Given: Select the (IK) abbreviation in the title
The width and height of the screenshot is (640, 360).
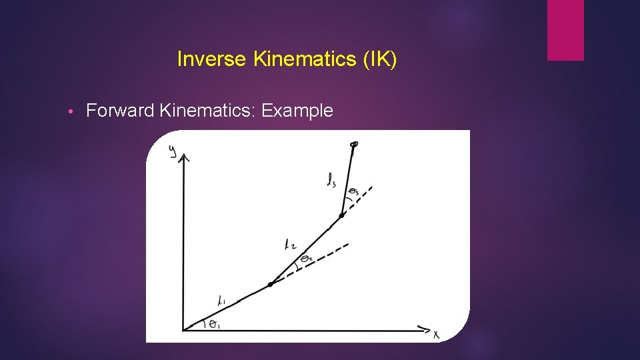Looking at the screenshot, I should pyautogui.click(x=380, y=60).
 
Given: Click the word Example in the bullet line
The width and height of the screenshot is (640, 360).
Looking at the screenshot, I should pyautogui.click(x=297, y=111).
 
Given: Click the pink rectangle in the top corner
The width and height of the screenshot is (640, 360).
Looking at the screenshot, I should pyautogui.click(x=565, y=30).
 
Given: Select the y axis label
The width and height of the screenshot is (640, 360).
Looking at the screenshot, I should pyautogui.click(x=173, y=152).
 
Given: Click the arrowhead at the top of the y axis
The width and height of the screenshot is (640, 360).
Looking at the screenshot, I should pyautogui.click(x=185, y=157).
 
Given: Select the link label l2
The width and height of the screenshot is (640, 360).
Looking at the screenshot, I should pyautogui.click(x=289, y=245).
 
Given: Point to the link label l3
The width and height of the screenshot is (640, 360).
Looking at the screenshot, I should pyautogui.click(x=331, y=180).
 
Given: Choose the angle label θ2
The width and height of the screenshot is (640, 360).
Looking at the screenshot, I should pyautogui.click(x=306, y=258).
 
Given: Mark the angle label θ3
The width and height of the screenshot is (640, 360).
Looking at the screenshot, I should pyautogui.click(x=353, y=193).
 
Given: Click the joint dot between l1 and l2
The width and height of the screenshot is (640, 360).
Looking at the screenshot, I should pyautogui.click(x=270, y=285).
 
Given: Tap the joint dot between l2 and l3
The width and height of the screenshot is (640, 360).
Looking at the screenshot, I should pyautogui.click(x=341, y=215).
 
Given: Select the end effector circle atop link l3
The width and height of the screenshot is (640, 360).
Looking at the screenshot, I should pyautogui.click(x=354, y=143).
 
